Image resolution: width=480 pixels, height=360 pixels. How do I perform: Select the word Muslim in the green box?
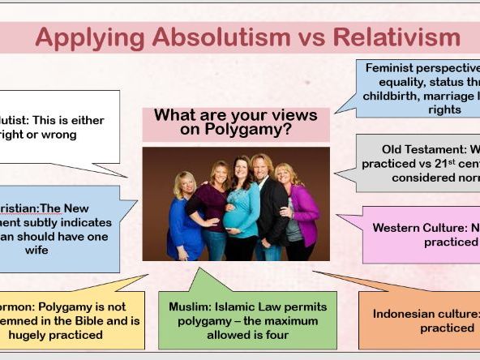click(188, 307)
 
